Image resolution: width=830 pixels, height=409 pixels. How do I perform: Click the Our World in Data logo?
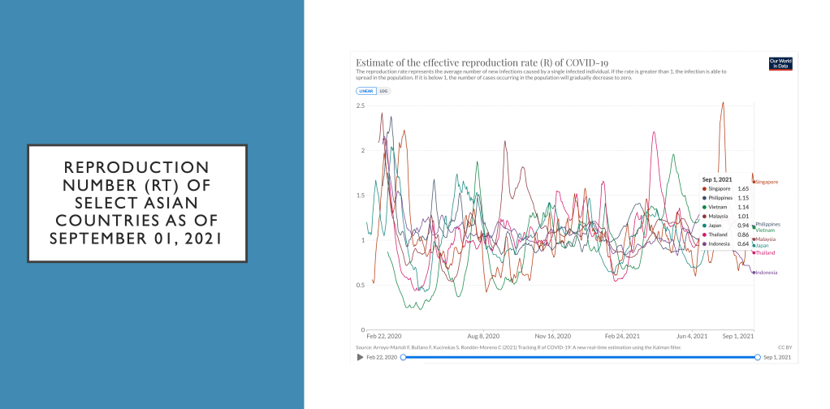click(780, 63)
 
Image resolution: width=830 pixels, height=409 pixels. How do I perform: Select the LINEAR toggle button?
click(366, 91)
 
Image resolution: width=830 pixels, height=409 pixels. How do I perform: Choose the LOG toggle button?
click(384, 91)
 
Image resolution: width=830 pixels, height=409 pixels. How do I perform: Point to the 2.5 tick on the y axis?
click(360, 106)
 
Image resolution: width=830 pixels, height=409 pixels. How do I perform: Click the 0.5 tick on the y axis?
click(360, 285)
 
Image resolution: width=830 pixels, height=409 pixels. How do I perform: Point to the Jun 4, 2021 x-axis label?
click(692, 335)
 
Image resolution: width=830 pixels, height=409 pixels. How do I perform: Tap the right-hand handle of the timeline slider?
click(757, 357)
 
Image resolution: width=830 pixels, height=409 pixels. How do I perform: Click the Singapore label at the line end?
click(767, 182)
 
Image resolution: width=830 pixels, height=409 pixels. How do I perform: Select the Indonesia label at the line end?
click(767, 273)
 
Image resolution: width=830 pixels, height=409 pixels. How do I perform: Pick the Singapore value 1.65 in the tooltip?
click(742, 188)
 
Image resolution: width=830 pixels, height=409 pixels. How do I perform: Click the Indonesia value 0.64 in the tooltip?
click(742, 243)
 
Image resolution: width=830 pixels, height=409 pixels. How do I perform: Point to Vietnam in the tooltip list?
click(718, 207)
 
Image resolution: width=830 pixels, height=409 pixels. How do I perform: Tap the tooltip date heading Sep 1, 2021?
click(719, 179)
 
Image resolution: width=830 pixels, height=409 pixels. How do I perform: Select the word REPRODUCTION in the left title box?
click(137, 166)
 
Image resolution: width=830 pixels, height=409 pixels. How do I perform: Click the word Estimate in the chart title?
click(377, 62)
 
